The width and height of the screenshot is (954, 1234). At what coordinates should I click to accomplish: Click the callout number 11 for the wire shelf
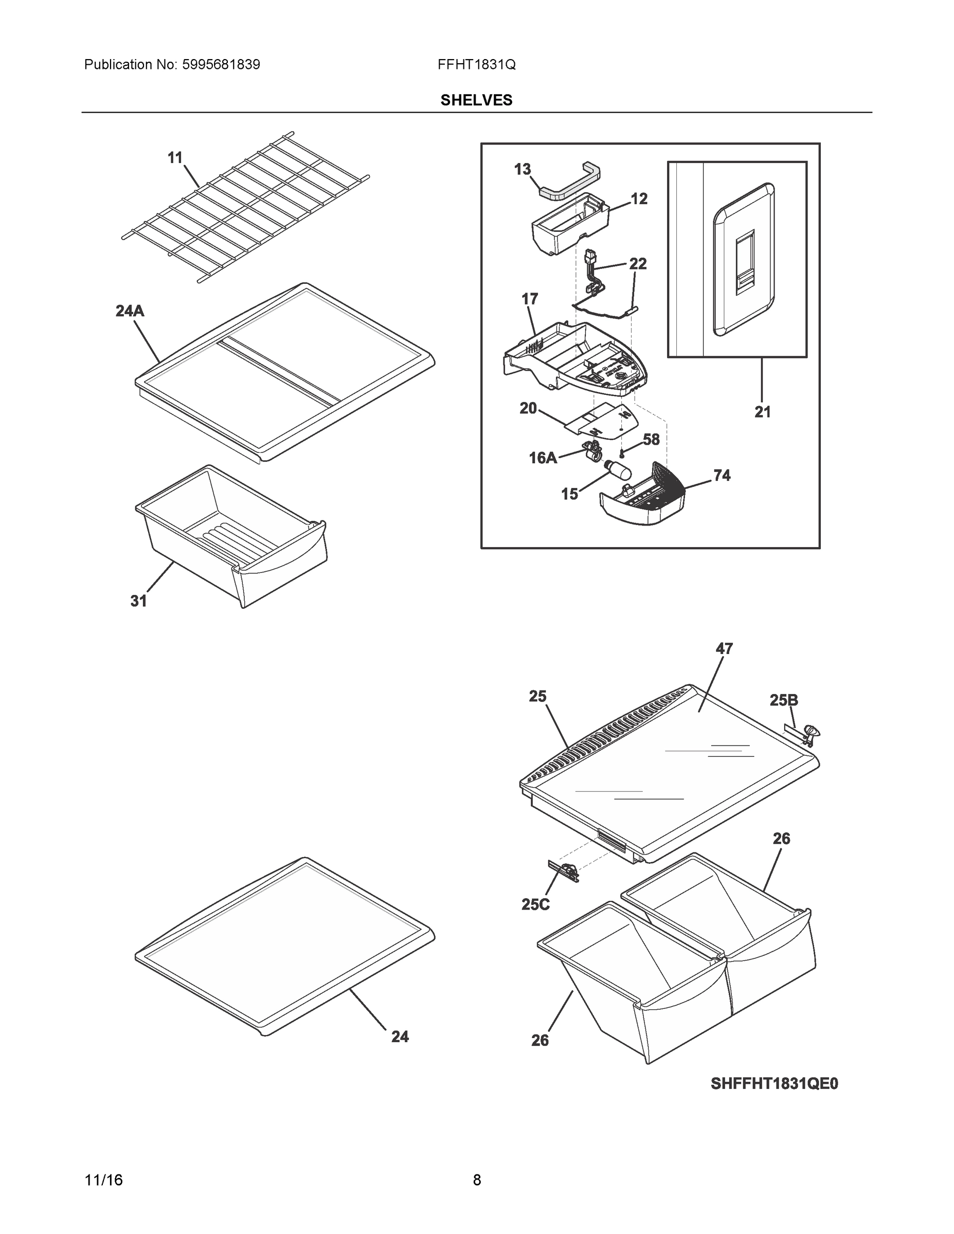click(175, 158)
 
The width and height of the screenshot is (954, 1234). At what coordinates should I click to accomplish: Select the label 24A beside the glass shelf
click(130, 311)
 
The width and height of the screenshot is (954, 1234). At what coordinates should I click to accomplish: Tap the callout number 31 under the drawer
click(138, 601)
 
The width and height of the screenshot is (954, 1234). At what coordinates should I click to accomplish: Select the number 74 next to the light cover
click(722, 476)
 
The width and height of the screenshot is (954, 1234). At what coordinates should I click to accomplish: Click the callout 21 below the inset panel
click(762, 412)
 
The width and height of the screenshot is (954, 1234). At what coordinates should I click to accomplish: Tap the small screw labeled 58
click(622, 453)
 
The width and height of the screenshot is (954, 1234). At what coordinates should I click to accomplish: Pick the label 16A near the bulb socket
click(543, 458)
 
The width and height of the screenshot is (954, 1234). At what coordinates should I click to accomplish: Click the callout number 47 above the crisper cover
click(724, 649)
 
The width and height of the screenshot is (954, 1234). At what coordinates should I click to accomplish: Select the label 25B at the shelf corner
click(784, 701)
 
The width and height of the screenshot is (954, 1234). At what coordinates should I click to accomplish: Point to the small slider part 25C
click(564, 873)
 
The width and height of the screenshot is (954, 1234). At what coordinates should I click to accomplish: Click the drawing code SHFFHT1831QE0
click(775, 1084)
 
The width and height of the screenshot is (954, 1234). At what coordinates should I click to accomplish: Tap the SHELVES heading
click(476, 100)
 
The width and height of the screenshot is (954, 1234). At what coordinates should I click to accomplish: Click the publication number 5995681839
click(221, 65)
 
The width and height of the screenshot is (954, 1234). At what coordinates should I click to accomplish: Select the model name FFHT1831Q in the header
click(476, 65)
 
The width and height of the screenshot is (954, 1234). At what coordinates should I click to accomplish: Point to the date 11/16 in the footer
click(103, 1181)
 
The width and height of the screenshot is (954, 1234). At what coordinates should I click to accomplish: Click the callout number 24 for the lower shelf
click(400, 1036)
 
